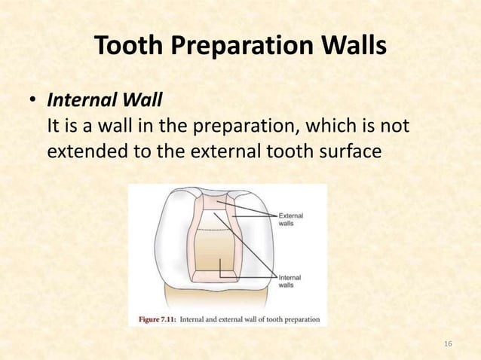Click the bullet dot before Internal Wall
[x=33, y=100]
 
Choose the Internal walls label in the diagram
[x=290, y=282]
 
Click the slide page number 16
[x=448, y=344]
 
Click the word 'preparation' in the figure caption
[x=297, y=318]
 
